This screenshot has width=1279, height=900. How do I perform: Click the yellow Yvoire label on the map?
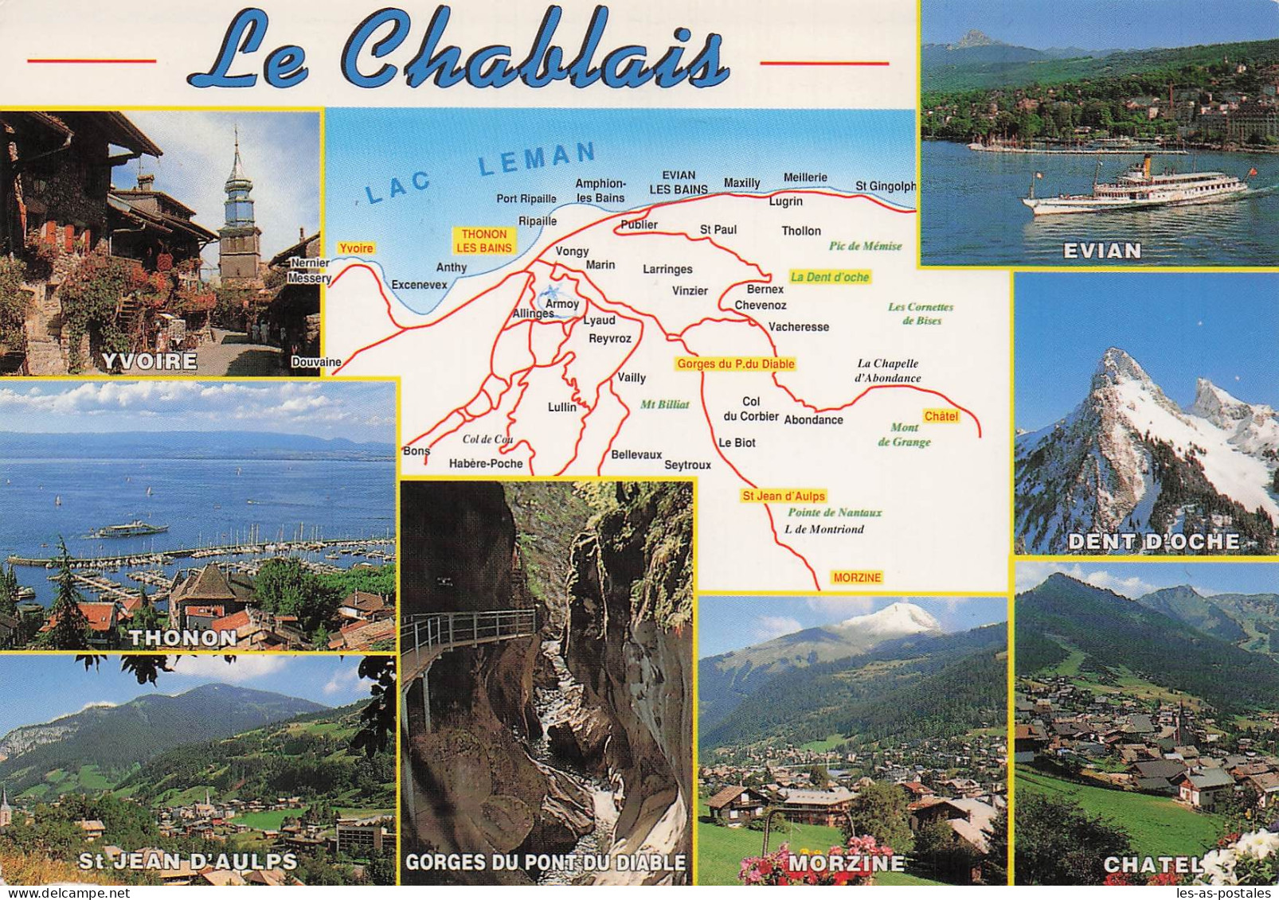coord(355,248)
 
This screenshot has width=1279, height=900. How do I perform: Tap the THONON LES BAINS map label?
coord(483,240)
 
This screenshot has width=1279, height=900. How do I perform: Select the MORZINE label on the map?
coord(857,578)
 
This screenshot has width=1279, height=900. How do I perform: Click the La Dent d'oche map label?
coord(829,277)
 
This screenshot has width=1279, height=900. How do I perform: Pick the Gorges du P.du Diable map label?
coord(735,364)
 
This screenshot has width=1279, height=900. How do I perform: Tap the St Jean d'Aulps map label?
coord(784,496)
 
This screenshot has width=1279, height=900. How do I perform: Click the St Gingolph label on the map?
coord(886,186)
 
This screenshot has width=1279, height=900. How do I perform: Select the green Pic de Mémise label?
coord(865,246)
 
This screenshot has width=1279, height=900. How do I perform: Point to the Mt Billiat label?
coord(665,404)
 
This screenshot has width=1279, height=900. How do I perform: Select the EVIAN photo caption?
coord(1102,251)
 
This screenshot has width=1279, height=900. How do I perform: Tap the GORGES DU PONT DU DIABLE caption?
coord(546,862)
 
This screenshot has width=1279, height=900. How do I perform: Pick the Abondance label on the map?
coord(813,419)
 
